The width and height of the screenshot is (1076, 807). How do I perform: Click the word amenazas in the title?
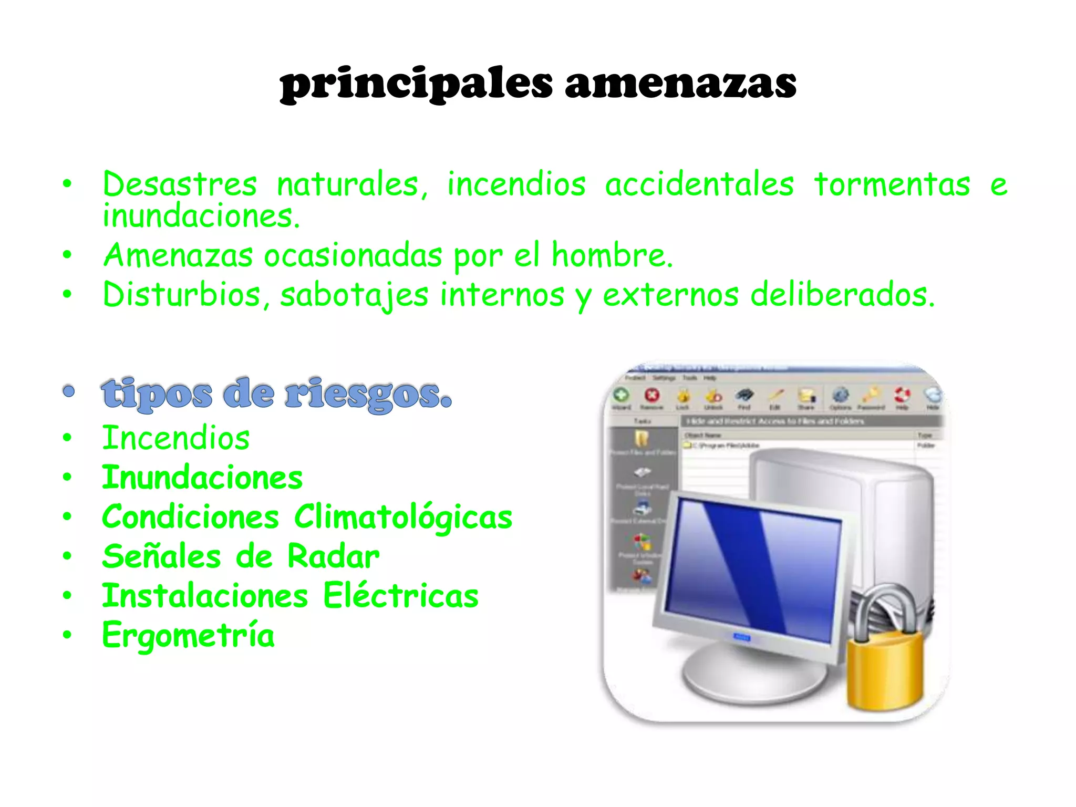(680, 84)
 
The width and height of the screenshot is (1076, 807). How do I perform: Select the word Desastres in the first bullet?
(180, 185)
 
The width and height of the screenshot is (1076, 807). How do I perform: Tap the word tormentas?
(892, 185)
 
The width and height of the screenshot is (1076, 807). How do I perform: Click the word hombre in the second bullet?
(611, 256)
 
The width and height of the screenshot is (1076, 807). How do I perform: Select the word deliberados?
(842, 295)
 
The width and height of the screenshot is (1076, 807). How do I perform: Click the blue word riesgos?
(368, 394)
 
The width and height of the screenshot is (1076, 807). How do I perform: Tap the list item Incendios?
(176, 438)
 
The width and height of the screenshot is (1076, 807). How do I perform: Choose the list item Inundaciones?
(202, 478)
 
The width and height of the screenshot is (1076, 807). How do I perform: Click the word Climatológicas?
(403, 518)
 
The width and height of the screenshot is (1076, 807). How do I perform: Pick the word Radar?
(333, 557)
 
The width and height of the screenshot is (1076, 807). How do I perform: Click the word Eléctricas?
(400, 596)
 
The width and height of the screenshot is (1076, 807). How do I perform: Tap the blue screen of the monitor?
(751, 570)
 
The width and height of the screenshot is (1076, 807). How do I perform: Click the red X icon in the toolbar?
(652, 395)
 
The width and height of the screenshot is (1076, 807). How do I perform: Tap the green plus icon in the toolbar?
(621, 395)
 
